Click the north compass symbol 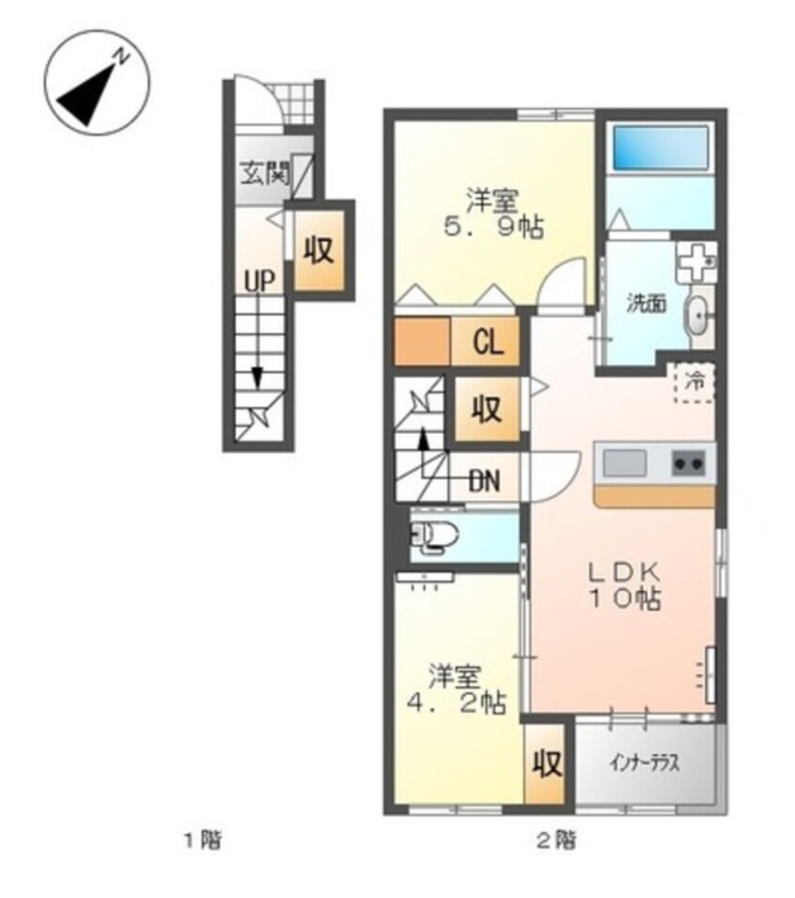tap(98, 83)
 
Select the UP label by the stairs tap(259, 281)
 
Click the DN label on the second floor tap(485, 482)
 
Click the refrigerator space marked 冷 tap(694, 382)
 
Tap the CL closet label tap(488, 343)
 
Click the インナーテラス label tap(645, 764)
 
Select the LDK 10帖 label tap(626, 586)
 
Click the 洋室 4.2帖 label tap(456, 689)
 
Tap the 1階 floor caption tap(203, 841)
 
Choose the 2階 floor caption tap(556, 841)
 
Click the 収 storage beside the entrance tap(319, 250)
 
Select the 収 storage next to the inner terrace tap(546, 763)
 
